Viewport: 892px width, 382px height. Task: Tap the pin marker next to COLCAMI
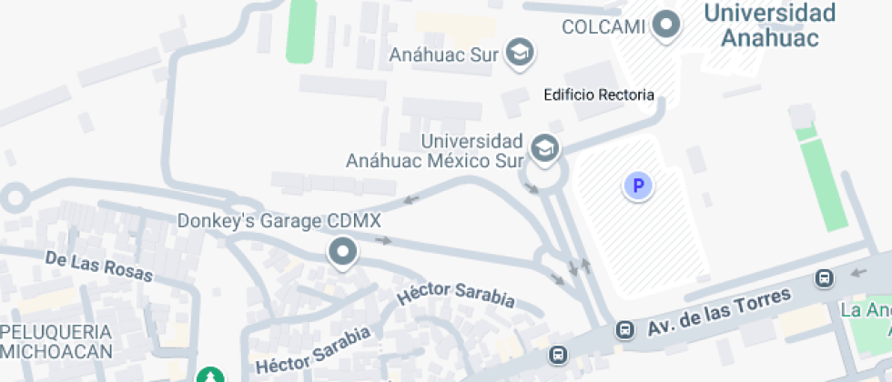click(667, 24)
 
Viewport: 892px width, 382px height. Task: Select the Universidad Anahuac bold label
click(770, 25)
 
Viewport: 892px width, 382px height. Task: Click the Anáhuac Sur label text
click(444, 55)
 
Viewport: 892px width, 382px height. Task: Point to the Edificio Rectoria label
click(598, 95)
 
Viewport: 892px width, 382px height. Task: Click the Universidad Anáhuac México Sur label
click(434, 151)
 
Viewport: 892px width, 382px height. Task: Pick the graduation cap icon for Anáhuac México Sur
click(544, 149)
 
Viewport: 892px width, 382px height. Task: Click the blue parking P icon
click(638, 186)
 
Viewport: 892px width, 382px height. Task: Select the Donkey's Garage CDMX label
click(279, 221)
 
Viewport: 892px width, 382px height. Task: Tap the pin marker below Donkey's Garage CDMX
click(343, 252)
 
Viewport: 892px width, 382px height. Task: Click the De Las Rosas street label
click(99, 266)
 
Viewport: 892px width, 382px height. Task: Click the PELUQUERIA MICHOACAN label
click(56, 341)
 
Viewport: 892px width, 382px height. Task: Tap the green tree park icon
click(210, 374)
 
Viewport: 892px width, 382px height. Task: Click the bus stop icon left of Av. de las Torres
click(624, 329)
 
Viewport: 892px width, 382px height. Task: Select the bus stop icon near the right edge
click(825, 277)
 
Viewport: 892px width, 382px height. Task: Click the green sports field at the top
click(301, 30)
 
